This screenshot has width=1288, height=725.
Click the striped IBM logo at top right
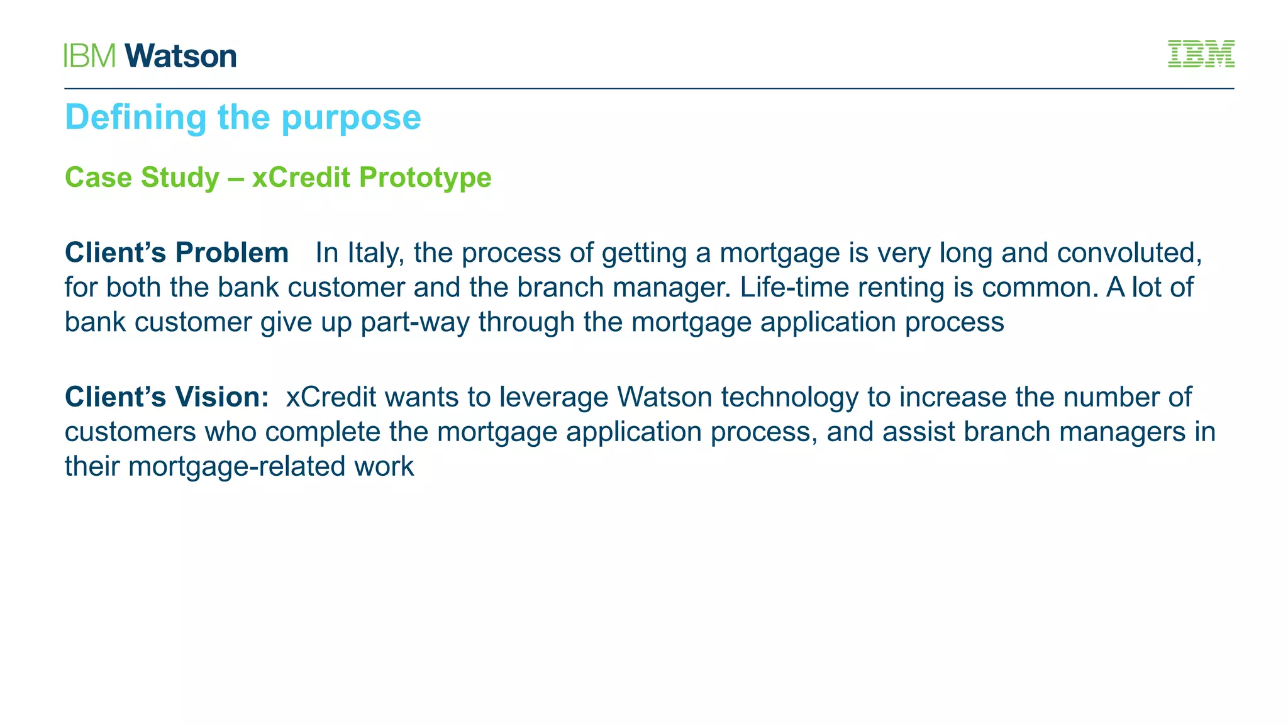pos(1201,54)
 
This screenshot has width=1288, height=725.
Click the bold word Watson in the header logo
pos(180,56)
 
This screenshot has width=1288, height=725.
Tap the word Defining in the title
pos(136,118)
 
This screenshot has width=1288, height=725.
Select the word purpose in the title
pos(351,118)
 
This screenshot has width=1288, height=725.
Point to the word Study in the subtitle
pos(180,177)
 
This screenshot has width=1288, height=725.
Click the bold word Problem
pos(231,253)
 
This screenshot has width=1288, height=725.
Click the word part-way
pos(414,322)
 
